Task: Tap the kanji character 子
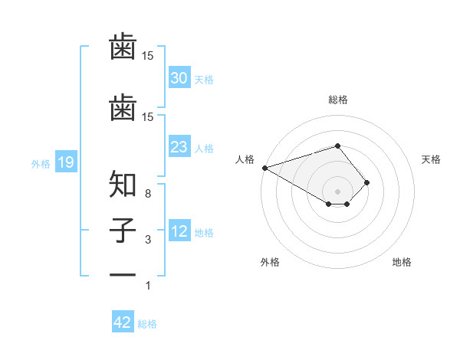pyautogui.click(x=123, y=230)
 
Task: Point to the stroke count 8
pyautogui.click(x=149, y=194)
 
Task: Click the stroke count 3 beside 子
pyautogui.click(x=149, y=241)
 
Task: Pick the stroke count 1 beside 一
pyautogui.click(x=149, y=286)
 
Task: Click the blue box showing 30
pyautogui.click(x=179, y=78)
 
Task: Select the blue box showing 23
pyautogui.click(x=179, y=147)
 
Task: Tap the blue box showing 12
pyautogui.click(x=179, y=232)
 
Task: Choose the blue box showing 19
pyautogui.click(x=65, y=162)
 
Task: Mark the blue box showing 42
pyautogui.click(x=123, y=322)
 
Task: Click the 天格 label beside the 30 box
pyautogui.click(x=204, y=79)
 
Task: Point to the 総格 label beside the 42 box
pyautogui.click(x=147, y=324)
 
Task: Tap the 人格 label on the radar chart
pyautogui.click(x=245, y=159)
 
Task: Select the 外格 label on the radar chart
pyautogui.click(x=270, y=262)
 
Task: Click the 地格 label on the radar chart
pyautogui.click(x=402, y=262)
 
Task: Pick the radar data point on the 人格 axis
pyautogui.click(x=264, y=167)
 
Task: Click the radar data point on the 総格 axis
pyautogui.click(x=337, y=146)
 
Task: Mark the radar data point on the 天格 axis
pyautogui.click(x=367, y=182)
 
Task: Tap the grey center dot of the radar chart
pyautogui.click(x=337, y=191)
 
